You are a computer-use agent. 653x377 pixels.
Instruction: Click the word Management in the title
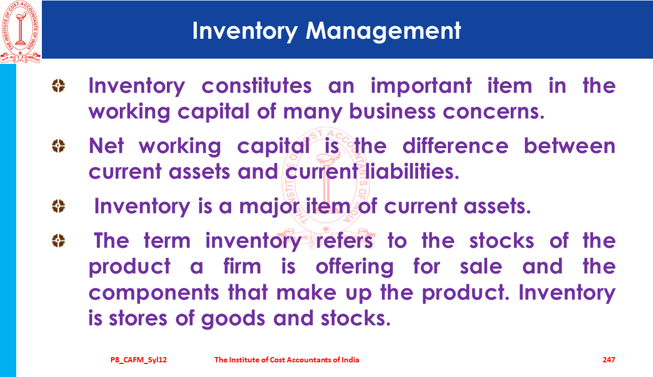point(383,31)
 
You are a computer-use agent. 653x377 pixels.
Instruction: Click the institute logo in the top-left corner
point(20,32)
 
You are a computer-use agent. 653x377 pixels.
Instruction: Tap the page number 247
point(609,360)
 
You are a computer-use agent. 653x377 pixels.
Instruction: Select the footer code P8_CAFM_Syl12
point(139,360)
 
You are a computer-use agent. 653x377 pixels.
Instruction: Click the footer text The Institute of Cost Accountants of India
point(287,360)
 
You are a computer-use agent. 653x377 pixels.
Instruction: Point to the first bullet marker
point(58,86)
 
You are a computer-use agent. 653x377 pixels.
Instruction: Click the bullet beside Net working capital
point(58,146)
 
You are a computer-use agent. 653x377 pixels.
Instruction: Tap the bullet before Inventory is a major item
point(58,206)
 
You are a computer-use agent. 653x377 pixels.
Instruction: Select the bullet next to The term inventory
point(58,241)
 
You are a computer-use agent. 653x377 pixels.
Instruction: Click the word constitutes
point(256,86)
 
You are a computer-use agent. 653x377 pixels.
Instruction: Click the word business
point(392,112)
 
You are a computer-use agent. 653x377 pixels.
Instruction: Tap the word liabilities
point(412,171)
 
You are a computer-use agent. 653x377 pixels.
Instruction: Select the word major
point(269,207)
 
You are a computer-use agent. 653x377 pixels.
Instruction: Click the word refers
point(345,241)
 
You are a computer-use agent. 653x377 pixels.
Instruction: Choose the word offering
point(354,267)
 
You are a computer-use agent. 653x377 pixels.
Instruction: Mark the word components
point(154,293)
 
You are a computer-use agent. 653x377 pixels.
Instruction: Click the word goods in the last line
point(233,319)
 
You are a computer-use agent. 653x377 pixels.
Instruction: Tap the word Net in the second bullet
point(106,146)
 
